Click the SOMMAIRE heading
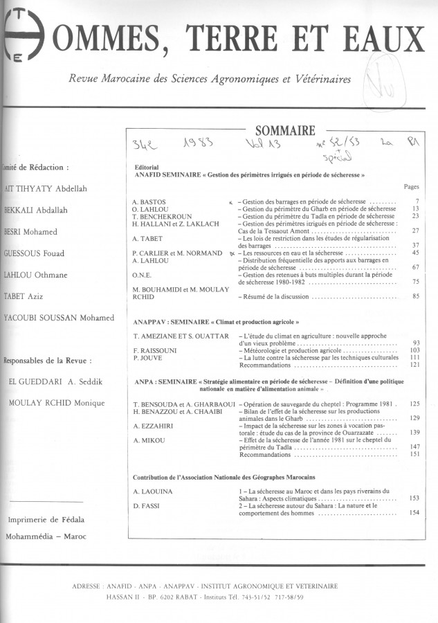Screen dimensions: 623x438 [x=285, y=129]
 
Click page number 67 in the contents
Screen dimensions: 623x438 [x=416, y=267]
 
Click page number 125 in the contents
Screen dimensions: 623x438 [x=414, y=403]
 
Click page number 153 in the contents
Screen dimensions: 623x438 [x=414, y=498]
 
